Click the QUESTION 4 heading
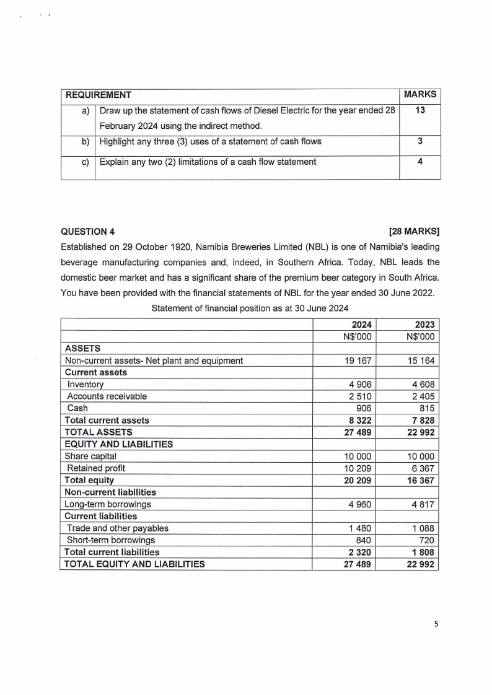(x=87, y=232)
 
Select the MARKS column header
(x=420, y=95)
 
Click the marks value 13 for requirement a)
(x=420, y=110)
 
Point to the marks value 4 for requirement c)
(x=420, y=162)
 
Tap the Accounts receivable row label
(x=107, y=396)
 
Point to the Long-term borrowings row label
(x=108, y=504)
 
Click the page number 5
(x=436, y=624)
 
